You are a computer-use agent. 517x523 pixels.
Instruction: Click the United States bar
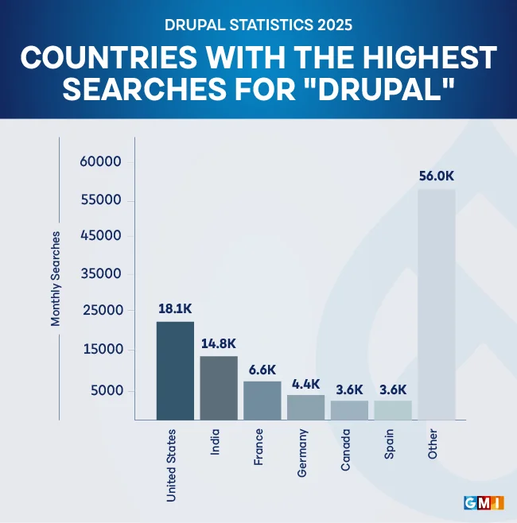(175, 370)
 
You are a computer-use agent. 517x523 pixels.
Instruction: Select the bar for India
(219, 388)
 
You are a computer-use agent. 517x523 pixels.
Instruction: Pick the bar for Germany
(305, 407)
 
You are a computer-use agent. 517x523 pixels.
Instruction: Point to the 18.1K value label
(175, 308)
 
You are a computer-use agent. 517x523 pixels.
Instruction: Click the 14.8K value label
(219, 343)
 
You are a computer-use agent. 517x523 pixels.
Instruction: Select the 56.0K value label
(437, 176)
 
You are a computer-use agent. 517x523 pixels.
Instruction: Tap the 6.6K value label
(262, 370)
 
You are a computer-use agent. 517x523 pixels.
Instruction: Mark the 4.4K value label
(305, 383)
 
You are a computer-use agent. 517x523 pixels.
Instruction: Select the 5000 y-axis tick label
(104, 390)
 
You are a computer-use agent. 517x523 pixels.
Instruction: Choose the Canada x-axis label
(346, 451)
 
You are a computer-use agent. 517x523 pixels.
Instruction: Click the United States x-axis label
(171, 466)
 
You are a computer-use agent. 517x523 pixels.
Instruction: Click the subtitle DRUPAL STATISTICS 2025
(258, 25)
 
